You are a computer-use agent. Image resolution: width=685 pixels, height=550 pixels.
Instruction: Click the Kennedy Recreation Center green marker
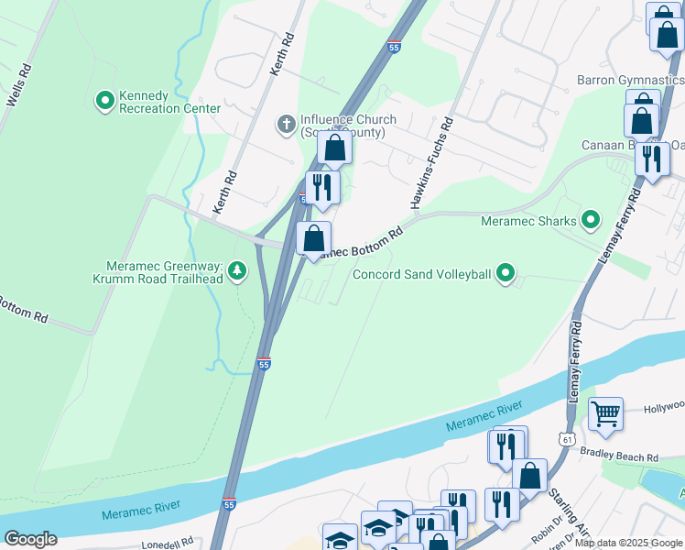pyautogui.click(x=105, y=98)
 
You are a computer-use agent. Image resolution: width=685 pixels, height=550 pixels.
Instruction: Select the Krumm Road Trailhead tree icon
pyautogui.click(x=237, y=270)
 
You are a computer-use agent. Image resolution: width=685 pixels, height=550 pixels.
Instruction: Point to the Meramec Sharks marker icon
pyautogui.click(x=591, y=220)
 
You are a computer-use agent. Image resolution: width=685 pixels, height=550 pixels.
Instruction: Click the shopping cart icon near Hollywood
pyautogui.click(x=605, y=414)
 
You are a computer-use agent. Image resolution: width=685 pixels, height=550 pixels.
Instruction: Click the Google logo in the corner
pyautogui.click(x=30, y=539)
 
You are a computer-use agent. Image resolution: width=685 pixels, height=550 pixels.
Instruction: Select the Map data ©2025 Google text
pyautogui.click(x=628, y=543)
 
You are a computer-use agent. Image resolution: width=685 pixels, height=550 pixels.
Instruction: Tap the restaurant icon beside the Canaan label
pyautogui.click(x=651, y=159)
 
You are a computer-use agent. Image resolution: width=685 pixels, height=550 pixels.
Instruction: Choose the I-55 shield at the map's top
pyautogui.click(x=393, y=46)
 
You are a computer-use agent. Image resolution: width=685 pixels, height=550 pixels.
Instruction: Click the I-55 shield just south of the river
pyautogui.click(x=228, y=503)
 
